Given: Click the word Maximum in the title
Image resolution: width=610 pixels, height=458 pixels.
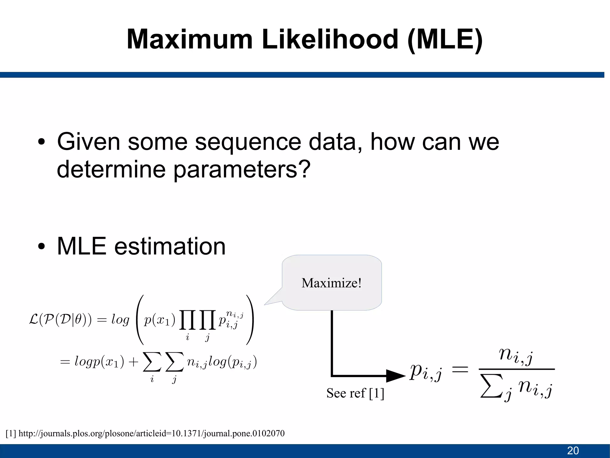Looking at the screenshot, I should click(190, 39).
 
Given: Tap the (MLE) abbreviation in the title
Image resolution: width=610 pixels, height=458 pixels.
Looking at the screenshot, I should click(445, 39).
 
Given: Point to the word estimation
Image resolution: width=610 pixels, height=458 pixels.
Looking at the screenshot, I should click(170, 246).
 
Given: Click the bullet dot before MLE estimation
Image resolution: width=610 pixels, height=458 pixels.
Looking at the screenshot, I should click(41, 246).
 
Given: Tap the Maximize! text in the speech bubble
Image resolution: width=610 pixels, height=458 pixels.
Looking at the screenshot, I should click(331, 283).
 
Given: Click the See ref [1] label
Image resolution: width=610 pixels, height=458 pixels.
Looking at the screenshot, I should click(355, 393).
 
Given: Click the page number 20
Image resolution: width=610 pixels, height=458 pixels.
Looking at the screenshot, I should click(573, 451).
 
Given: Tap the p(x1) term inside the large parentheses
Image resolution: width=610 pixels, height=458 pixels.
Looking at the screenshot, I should click(159, 320).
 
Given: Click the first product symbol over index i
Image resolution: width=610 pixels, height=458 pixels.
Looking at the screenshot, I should click(187, 320).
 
